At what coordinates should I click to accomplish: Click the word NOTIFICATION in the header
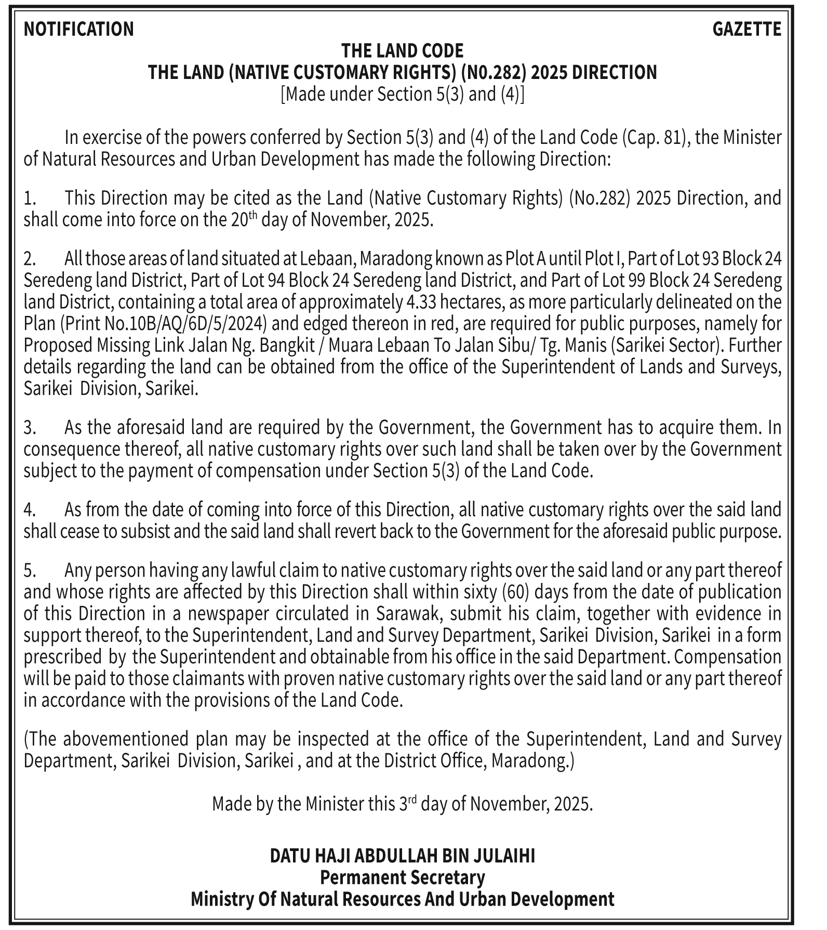78,29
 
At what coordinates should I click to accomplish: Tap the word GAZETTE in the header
746,29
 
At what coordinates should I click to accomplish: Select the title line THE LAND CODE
402,51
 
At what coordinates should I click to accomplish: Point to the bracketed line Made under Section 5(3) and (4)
402,95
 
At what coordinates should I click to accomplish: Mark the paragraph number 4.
29,510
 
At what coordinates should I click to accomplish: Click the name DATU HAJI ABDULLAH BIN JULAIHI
402,856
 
